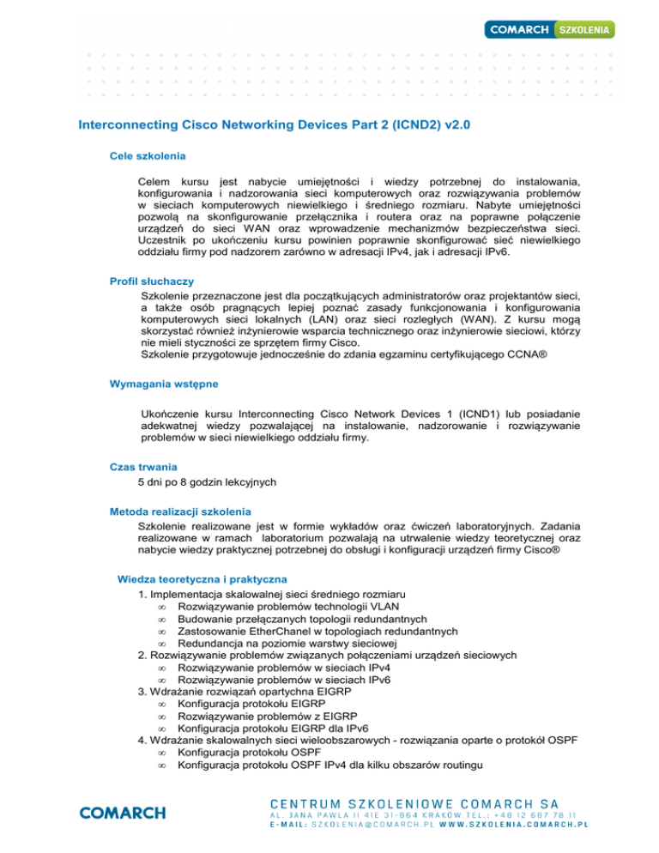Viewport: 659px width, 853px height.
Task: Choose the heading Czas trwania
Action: tap(143, 467)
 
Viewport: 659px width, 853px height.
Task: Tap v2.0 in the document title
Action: tap(450, 125)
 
